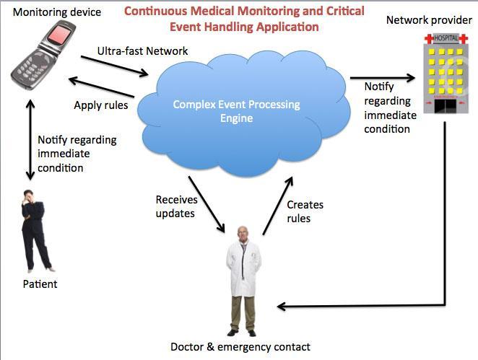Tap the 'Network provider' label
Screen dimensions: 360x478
428,19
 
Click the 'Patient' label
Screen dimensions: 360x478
40,284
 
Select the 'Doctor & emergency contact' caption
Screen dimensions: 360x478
240,347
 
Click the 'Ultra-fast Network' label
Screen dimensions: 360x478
142,51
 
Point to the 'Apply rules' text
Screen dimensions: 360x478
100,105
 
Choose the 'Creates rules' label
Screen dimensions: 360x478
305,211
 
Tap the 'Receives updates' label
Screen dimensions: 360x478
176,206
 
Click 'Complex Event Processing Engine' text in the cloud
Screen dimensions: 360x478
236,111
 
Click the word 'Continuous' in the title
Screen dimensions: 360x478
157,12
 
